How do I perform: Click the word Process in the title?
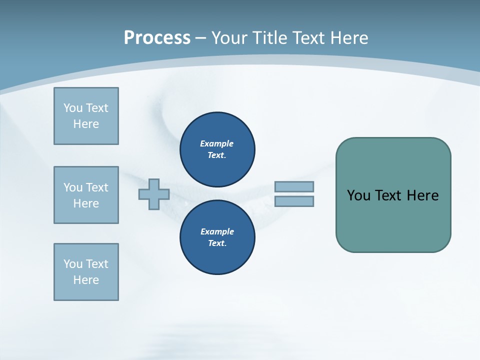pos(157,37)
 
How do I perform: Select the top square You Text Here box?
pos(86,116)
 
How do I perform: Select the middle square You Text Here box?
pos(86,195)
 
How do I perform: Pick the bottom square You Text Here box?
pos(86,272)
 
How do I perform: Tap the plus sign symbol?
pos(154,194)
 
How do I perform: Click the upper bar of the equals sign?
pos(294,186)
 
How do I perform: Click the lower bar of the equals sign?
pos(294,201)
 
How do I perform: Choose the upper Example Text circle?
pos(217,149)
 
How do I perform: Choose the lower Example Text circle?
pos(217,237)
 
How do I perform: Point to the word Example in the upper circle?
pos(216,143)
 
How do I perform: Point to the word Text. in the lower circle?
pos(217,243)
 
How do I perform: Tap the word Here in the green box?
pos(422,195)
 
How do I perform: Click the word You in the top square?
pos(72,108)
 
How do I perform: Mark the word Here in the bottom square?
pos(86,280)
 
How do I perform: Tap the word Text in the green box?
pos(388,195)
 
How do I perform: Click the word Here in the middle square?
pos(86,203)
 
